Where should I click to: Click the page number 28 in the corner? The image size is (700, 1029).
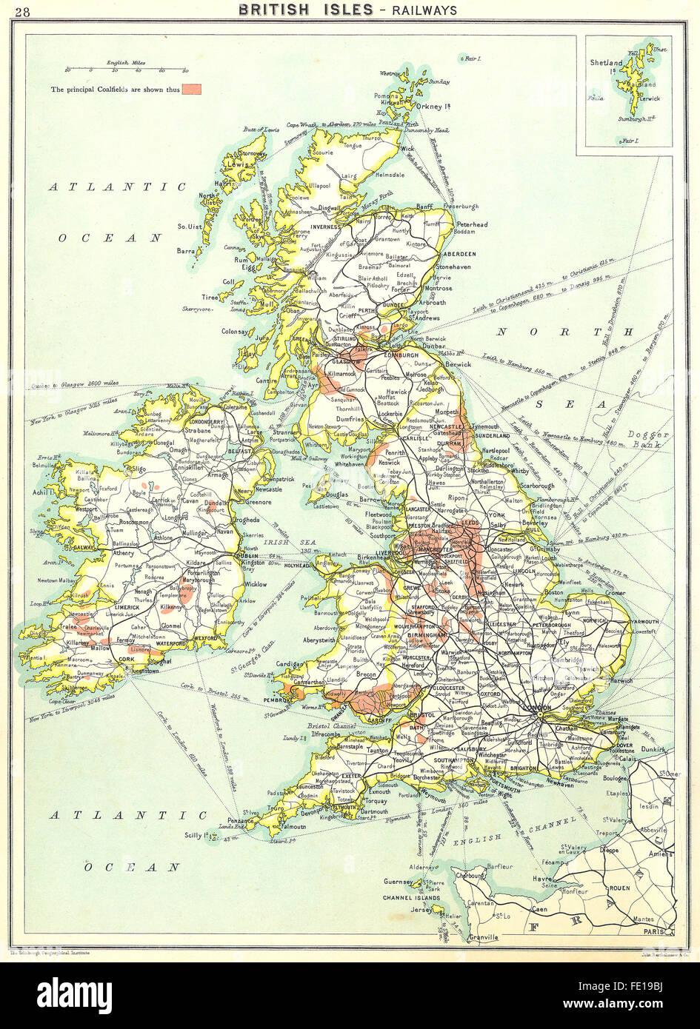[23, 10]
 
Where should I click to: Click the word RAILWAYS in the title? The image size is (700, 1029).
[426, 10]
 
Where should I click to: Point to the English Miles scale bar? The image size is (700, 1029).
[114, 70]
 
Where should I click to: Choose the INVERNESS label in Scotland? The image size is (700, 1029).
[327, 227]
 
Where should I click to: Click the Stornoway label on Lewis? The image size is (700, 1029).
[253, 155]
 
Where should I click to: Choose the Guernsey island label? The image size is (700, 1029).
[399, 882]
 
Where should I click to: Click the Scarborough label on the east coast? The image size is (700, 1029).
[537, 486]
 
